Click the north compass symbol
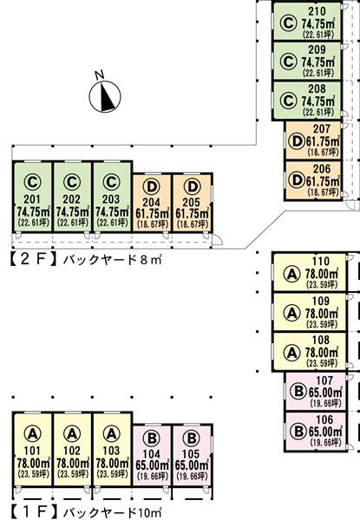pos(105,97)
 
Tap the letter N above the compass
pos(99,75)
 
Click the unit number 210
pos(317,11)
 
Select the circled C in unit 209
pos(288,62)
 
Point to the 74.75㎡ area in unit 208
pos(317,101)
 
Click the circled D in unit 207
pos(297,142)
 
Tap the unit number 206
pos(322,169)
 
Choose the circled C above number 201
pos(32,182)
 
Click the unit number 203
pos(111,199)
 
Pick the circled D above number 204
pos(151,187)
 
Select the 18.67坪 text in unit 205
pos(192,224)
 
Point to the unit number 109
pos(321,301)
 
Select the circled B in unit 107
pos(298,392)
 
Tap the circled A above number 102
pos(72,433)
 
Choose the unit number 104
pos(151,454)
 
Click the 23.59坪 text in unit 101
pos(33,474)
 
